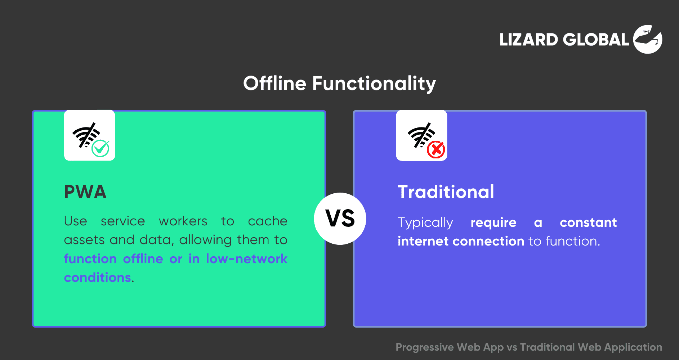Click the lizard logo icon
tap(648, 39)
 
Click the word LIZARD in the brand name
tap(529, 40)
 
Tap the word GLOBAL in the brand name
tap(596, 40)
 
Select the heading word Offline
tap(275, 83)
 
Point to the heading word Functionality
tap(374, 84)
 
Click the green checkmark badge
tap(100, 148)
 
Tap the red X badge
tap(436, 149)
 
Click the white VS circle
tap(340, 219)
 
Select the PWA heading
tap(85, 192)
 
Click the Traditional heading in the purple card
tap(446, 192)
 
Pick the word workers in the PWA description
tap(183, 221)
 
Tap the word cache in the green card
tap(268, 221)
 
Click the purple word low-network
tap(247, 259)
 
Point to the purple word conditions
tap(98, 278)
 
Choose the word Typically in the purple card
tap(425, 223)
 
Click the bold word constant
tap(588, 222)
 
